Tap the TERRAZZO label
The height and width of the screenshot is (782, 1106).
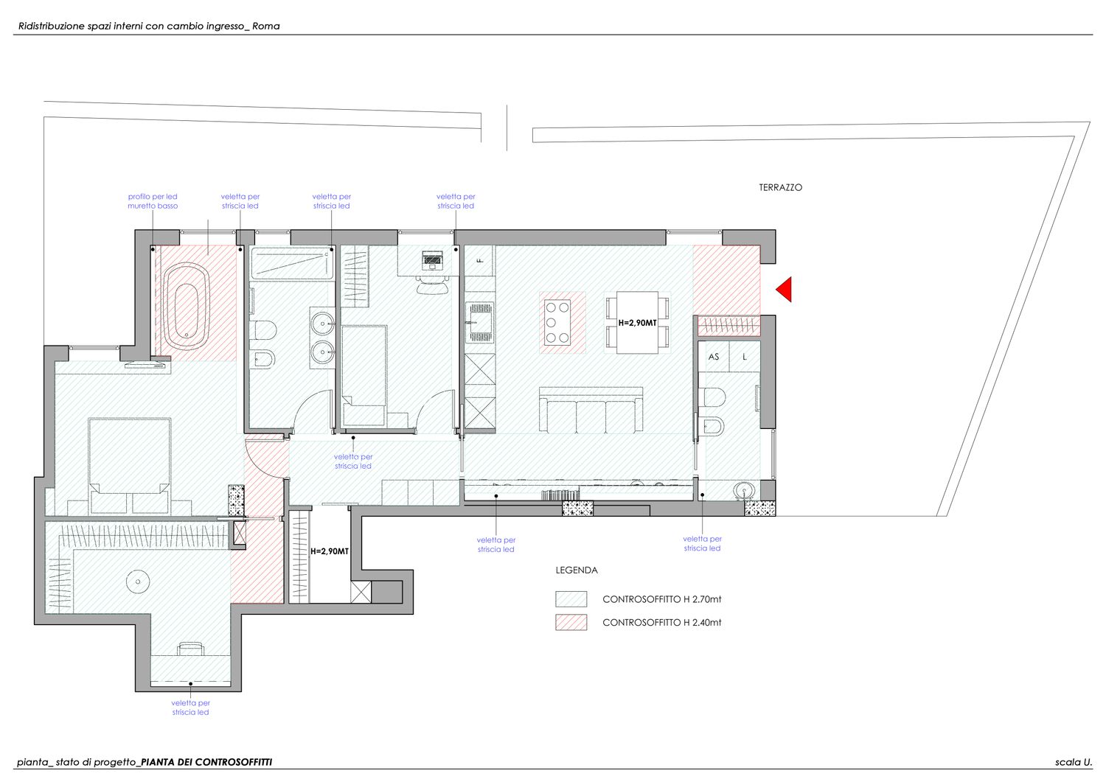781,188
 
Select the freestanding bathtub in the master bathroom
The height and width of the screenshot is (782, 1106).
187,306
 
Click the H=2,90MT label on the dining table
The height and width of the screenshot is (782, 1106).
638,323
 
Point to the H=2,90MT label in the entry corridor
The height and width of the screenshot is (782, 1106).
330,551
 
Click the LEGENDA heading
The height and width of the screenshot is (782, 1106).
577,570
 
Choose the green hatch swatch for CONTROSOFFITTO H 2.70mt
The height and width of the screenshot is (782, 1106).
571,598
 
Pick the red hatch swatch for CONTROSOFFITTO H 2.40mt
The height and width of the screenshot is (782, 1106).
571,622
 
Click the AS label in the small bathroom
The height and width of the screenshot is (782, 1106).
714,357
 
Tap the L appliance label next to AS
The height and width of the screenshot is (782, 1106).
745,357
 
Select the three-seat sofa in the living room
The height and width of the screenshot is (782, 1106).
591,410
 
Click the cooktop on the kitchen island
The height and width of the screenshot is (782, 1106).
557,322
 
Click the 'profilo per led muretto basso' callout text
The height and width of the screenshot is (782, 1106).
153,201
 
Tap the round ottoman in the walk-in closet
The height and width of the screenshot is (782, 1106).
138,582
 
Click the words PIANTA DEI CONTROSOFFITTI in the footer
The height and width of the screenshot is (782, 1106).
206,762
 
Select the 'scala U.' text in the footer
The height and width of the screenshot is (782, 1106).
1074,762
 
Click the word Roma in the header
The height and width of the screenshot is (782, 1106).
265,27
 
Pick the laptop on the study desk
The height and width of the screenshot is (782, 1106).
433,259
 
